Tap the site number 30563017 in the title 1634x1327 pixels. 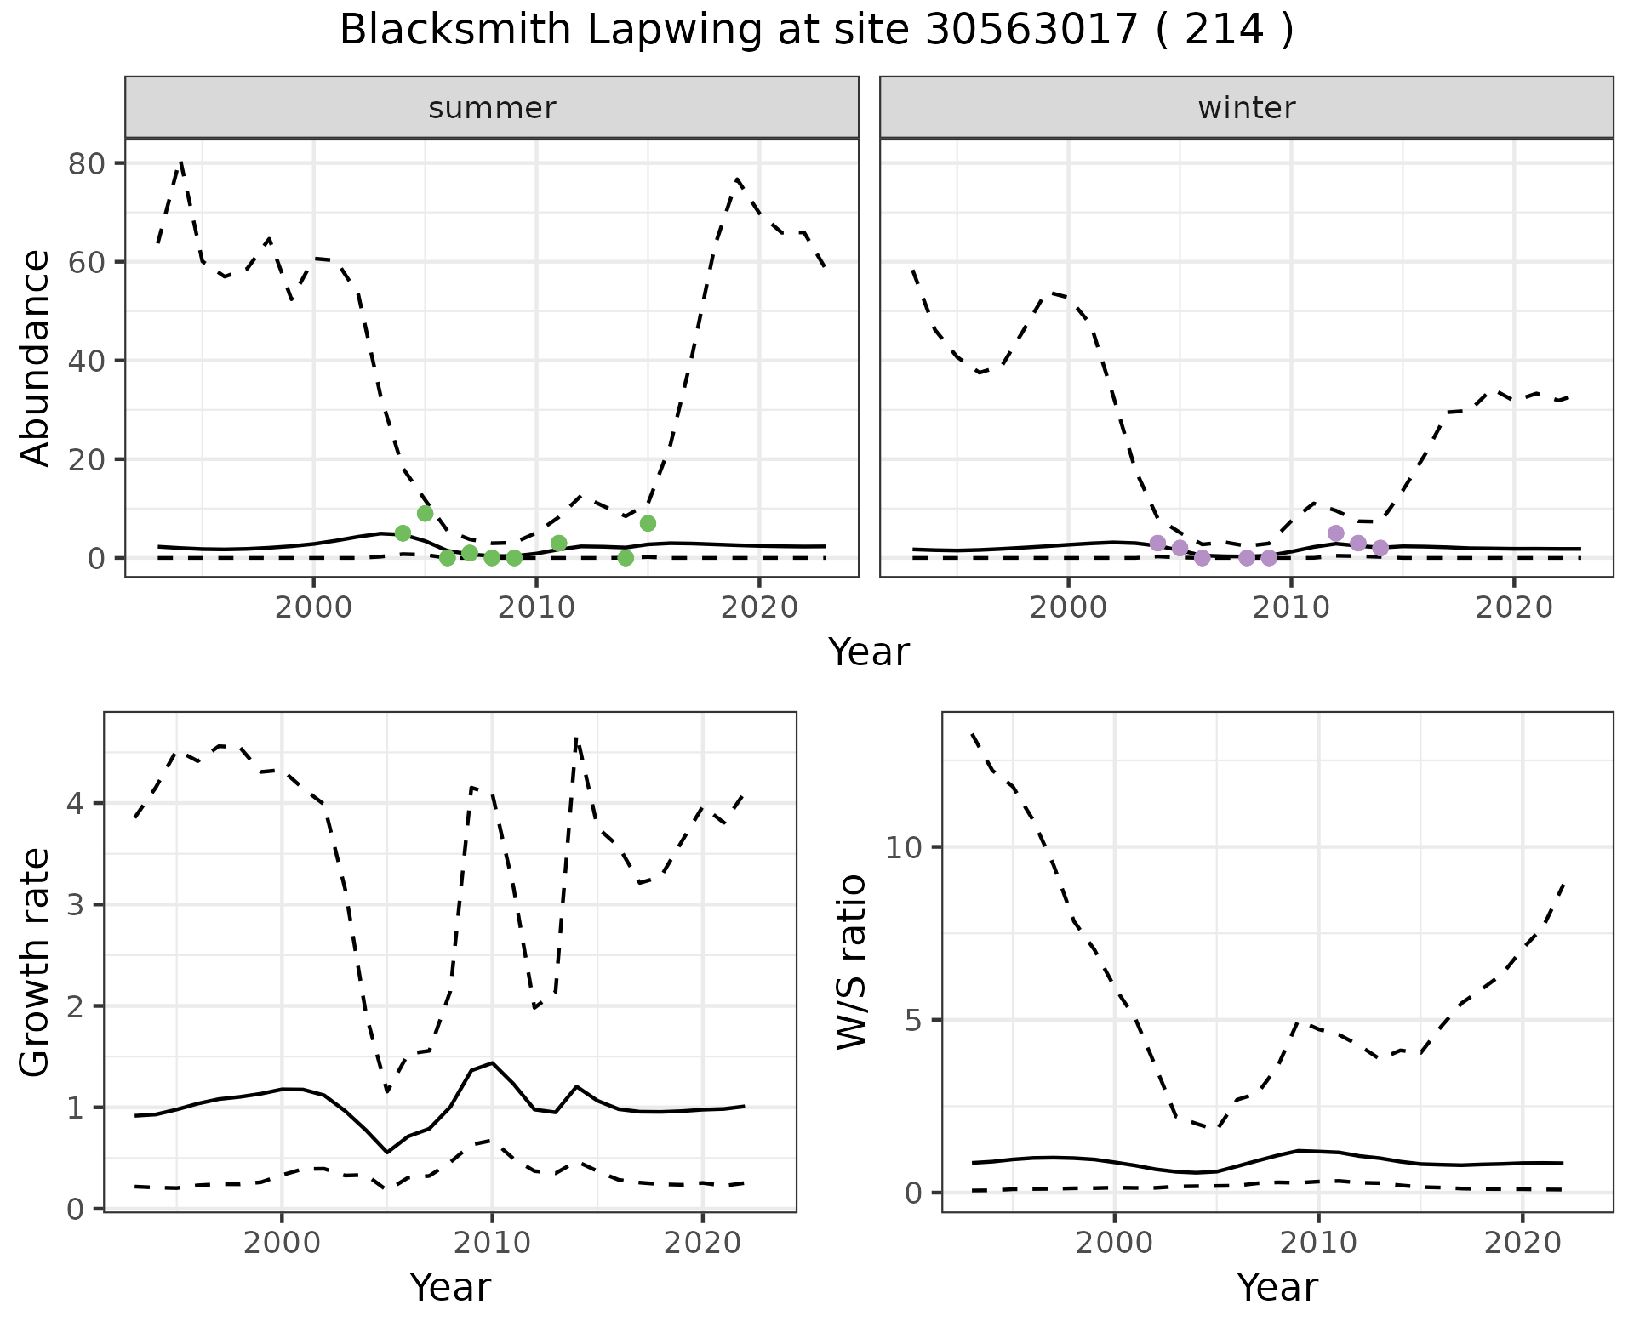click(1031, 31)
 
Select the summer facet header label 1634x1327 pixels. click(492, 108)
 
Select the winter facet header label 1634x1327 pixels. click(1247, 108)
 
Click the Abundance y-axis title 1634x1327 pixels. click(36, 358)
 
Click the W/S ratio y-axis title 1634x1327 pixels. click(851, 962)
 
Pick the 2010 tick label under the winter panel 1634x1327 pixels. click(1291, 607)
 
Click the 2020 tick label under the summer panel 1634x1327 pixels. click(759, 607)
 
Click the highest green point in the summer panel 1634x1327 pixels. click(426, 514)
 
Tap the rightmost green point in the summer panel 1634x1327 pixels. click(648, 523)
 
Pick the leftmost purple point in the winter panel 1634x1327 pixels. click(1157, 543)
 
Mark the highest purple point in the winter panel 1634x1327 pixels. click(1335, 533)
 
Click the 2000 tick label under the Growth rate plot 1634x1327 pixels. click(282, 1242)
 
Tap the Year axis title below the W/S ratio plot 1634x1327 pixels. click(1277, 1287)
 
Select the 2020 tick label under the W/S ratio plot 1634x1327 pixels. click(1523, 1242)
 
